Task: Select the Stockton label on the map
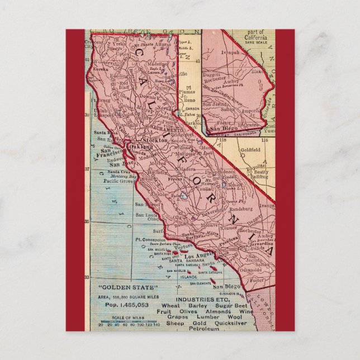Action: (157, 140)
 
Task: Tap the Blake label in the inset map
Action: (257, 72)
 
